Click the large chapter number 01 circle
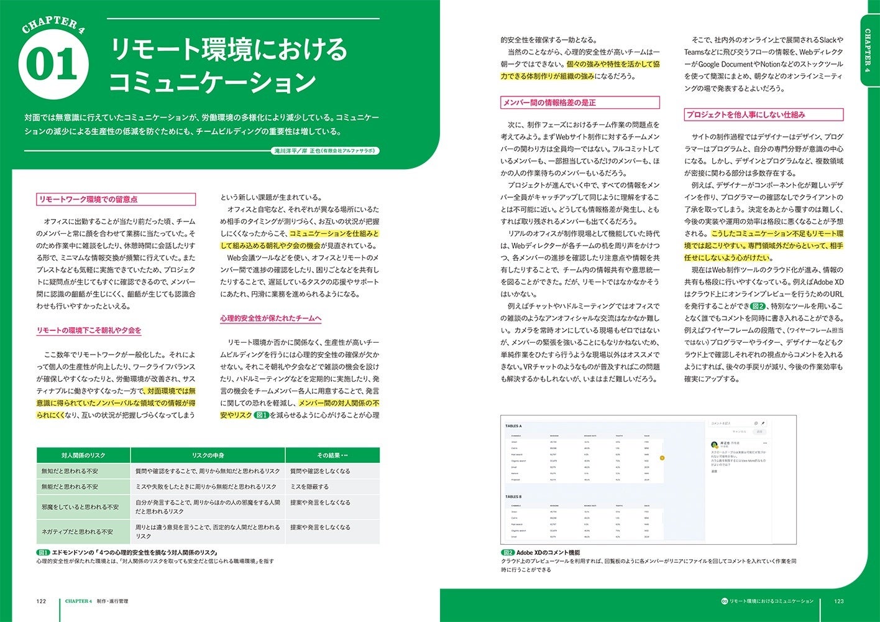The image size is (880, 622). click(53, 65)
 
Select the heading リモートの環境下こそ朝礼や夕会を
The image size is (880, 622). click(89, 330)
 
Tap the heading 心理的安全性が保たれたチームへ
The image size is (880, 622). click(271, 318)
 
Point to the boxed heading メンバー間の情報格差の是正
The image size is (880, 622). click(549, 103)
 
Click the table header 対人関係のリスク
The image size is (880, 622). click(83, 455)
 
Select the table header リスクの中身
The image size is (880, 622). click(208, 455)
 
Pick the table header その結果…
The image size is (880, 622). click(332, 455)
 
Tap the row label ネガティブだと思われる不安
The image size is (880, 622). click(77, 532)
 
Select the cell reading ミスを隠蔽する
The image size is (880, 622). click(309, 487)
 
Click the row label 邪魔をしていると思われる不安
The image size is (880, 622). click(80, 507)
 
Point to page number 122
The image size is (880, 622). click(42, 601)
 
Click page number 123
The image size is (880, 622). click(838, 601)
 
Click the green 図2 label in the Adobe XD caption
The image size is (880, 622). click(508, 552)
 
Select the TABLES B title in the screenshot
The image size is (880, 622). click(513, 497)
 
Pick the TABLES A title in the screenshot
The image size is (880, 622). click(513, 426)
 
